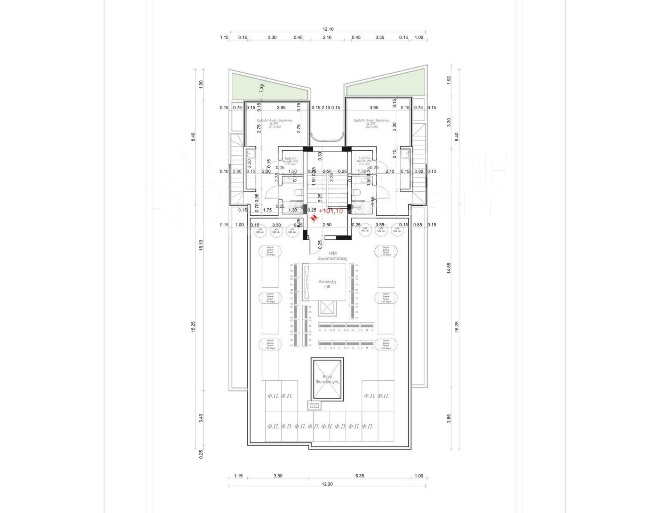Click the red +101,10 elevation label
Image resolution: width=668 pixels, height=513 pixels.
(x=331, y=211)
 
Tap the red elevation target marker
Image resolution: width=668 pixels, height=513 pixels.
(x=314, y=218)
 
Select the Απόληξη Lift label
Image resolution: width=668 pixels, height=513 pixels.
(x=327, y=284)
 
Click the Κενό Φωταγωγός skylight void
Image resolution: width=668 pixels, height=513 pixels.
(x=327, y=379)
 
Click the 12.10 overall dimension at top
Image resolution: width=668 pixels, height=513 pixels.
(x=328, y=29)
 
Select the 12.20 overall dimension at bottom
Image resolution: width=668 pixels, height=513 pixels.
(x=327, y=484)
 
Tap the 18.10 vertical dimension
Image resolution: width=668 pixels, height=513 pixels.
(x=201, y=245)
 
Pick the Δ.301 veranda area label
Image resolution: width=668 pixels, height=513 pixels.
(x=274, y=123)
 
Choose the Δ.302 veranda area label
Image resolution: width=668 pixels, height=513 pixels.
(x=371, y=123)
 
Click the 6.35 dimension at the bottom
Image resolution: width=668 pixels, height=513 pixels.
(x=360, y=476)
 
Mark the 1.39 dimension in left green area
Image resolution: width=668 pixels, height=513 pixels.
(x=262, y=88)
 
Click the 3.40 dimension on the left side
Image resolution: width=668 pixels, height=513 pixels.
(x=201, y=418)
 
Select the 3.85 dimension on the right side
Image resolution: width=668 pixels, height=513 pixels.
(x=449, y=418)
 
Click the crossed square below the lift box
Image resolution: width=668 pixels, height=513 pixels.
(x=326, y=308)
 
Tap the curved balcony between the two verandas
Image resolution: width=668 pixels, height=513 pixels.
(x=327, y=138)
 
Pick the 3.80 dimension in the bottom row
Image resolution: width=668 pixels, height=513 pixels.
(x=278, y=476)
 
